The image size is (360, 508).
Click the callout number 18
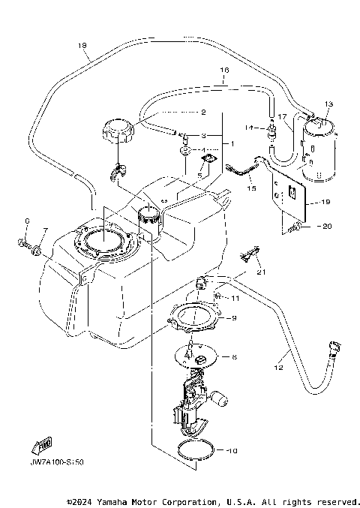click(82, 47)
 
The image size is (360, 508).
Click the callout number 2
click(202, 113)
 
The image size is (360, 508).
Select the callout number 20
click(325, 226)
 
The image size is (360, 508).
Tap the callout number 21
click(260, 272)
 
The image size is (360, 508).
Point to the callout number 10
click(232, 451)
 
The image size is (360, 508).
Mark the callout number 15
click(252, 189)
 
